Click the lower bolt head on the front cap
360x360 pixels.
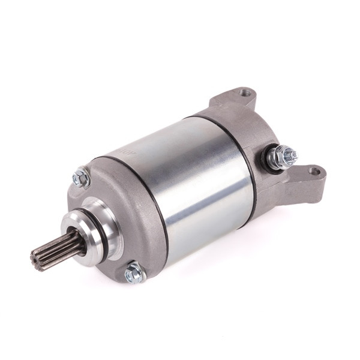click(134, 274)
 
